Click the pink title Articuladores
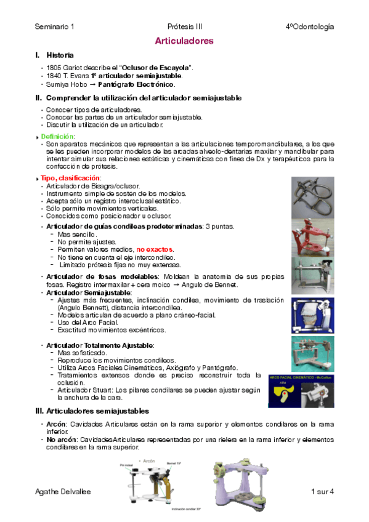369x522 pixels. click(x=184, y=41)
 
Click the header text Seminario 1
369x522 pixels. click(x=55, y=27)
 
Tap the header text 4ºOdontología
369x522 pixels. click(x=310, y=27)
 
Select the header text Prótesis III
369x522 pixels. click(x=185, y=27)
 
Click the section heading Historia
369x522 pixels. click(x=60, y=55)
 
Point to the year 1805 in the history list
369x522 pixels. click(x=54, y=66)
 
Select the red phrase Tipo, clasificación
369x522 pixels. click(x=70, y=178)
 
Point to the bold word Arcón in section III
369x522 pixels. click(x=57, y=424)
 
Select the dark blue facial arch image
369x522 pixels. click(x=301, y=390)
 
